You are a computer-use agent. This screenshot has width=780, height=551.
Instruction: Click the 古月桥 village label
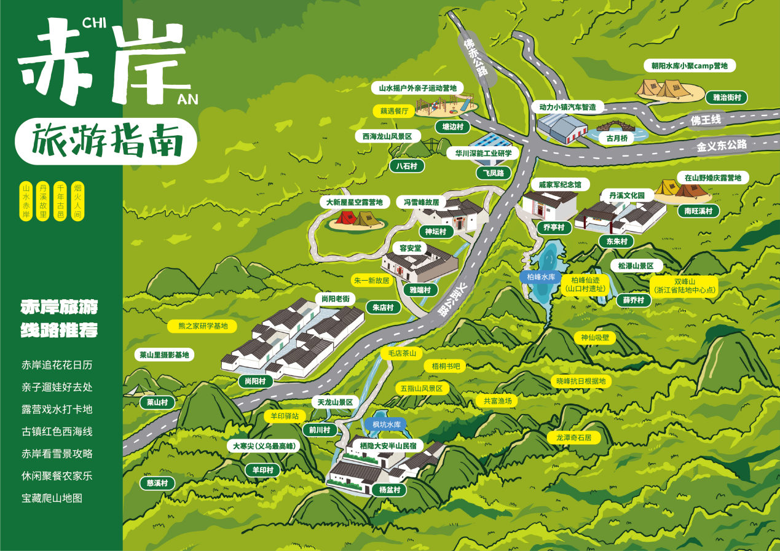(617, 139)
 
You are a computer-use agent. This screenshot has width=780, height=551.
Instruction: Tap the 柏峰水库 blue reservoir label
(541, 277)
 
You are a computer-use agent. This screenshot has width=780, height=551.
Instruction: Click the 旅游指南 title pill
(106, 141)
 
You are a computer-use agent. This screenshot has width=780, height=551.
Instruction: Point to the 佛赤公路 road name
(476, 58)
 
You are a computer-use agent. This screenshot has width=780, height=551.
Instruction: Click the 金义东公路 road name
(722, 146)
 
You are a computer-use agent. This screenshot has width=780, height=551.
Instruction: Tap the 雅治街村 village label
(727, 97)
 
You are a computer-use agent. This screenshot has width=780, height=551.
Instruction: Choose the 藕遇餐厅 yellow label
(394, 111)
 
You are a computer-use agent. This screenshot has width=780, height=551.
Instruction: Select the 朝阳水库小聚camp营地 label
(689, 66)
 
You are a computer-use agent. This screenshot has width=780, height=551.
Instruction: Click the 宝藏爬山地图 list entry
(52, 498)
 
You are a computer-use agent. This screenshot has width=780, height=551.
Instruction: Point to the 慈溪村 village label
(157, 483)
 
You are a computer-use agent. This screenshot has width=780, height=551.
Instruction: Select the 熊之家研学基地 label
(202, 326)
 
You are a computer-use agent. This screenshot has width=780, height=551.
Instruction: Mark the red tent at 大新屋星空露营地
(344, 217)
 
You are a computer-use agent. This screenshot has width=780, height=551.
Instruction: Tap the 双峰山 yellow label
(685, 285)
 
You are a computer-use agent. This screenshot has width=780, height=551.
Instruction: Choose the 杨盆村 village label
(388, 490)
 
